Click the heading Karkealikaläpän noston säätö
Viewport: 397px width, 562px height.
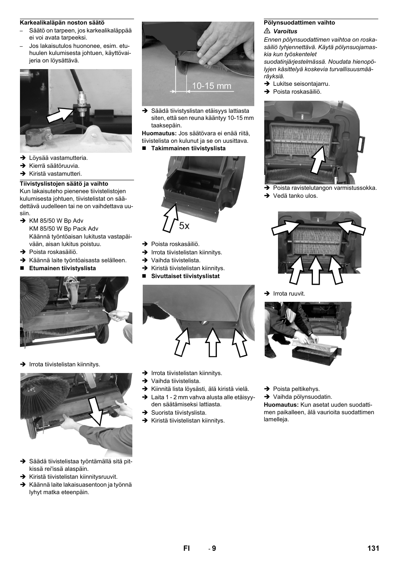[62, 23]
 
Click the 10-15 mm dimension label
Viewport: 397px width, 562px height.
[211, 86]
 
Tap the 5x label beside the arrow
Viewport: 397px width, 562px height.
[184, 226]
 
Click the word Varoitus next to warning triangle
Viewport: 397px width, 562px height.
[285, 31]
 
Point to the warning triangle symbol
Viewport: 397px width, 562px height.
[267, 31]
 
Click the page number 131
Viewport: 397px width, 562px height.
[373, 548]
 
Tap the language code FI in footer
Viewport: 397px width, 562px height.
[186, 548]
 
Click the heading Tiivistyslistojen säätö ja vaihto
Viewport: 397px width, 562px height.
[64, 184]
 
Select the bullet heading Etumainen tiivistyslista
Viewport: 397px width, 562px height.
[62, 268]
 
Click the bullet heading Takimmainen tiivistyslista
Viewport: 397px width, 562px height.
[188, 148]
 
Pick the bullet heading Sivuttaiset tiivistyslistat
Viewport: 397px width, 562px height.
[185, 276]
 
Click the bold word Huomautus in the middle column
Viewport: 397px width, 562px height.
[159, 133]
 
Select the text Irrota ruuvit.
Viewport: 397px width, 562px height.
[289, 293]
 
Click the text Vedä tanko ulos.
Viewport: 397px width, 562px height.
[295, 196]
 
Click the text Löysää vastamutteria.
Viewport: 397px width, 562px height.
[58, 158]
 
